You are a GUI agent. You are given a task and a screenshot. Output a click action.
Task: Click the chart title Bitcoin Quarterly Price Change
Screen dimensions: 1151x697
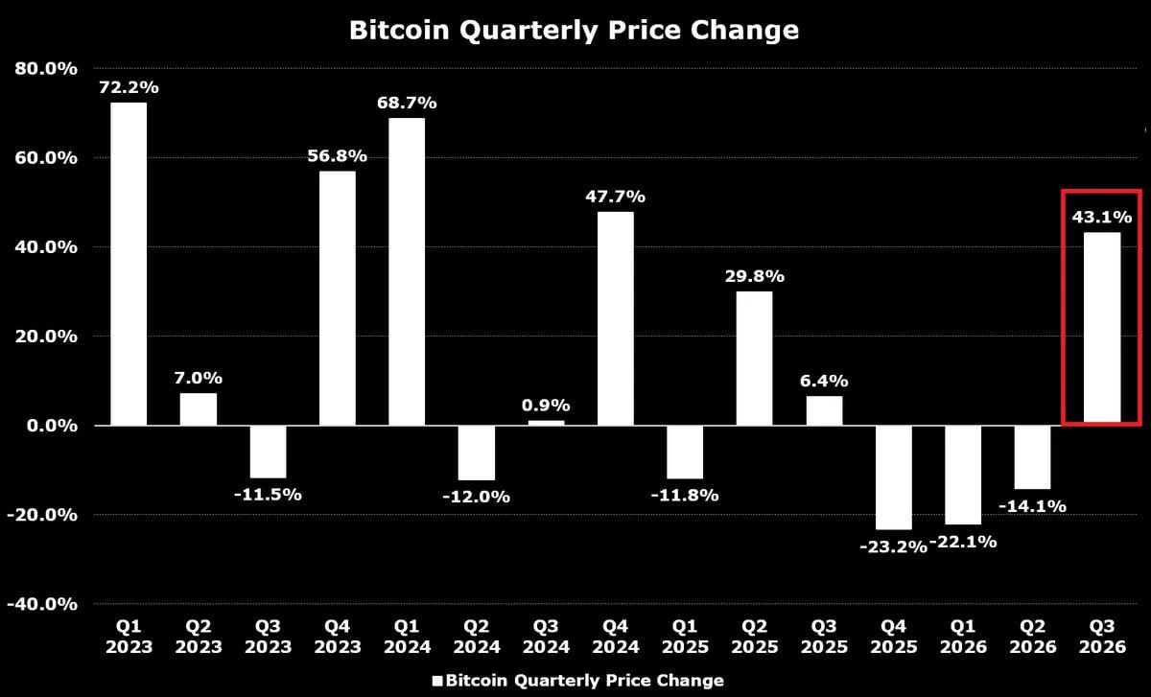pos(574,31)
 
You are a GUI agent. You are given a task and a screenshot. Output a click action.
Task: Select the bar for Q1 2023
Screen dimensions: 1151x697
pos(129,264)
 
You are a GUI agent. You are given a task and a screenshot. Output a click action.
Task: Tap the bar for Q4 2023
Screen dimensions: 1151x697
pos(337,298)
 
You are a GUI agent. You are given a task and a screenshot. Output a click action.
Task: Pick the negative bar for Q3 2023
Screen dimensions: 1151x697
pos(269,452)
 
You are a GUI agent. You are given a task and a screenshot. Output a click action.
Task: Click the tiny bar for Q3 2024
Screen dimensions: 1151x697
pos(546,423)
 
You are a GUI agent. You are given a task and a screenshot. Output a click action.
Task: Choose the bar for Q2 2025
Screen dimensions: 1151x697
pos(754,359)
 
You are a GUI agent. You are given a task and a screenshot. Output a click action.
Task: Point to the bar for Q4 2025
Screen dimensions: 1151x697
pos(894,477)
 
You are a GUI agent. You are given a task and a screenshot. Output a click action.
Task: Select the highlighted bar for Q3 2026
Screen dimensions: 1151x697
pos(1102,327)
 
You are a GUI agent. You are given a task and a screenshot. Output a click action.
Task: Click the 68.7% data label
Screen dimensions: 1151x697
pos(407,104)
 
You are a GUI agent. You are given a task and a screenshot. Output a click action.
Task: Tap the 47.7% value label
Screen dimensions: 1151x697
pos(615,197)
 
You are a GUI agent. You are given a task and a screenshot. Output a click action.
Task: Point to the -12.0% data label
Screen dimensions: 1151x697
pos(477,497)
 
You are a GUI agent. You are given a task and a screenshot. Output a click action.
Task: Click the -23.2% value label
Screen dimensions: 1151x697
pos(894,547)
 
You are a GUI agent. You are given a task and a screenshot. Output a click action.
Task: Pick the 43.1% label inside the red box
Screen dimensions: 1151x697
pos(1102,218)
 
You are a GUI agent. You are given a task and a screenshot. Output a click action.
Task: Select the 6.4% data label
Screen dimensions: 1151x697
pos(824,382)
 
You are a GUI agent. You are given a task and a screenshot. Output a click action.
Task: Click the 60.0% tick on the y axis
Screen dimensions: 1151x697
pos(46,157)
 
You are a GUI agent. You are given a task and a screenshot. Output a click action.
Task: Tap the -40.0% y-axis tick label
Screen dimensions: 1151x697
pos(42,604)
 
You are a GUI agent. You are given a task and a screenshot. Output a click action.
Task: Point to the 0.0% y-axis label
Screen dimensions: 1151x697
pos(52,426)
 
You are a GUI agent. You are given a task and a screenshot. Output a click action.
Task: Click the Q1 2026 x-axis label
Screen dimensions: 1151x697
pos(963,637)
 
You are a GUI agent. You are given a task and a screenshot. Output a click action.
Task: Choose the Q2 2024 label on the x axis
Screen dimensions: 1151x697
pos(477,637)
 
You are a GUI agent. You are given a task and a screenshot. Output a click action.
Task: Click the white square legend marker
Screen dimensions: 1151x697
pos(437,681)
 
